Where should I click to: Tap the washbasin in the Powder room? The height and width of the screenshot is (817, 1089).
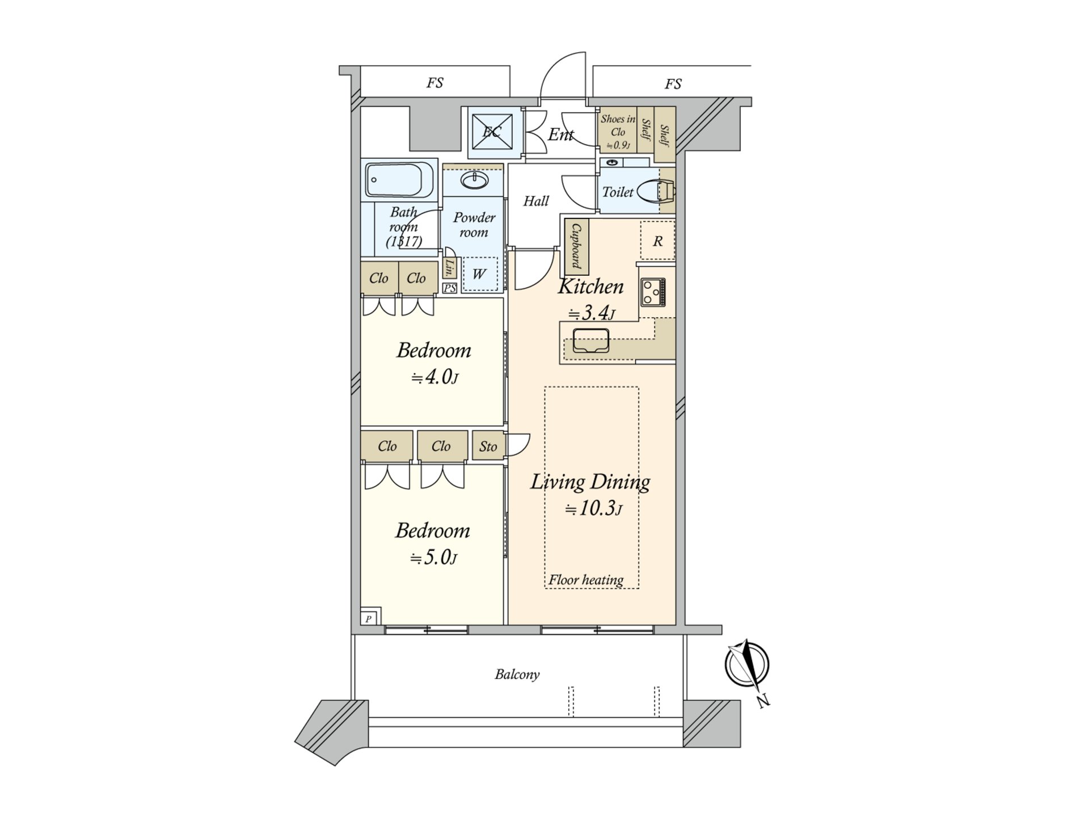pyautogui.click(x=474, y=181)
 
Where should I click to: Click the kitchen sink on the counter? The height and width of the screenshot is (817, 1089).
pyautogui.click(x=590, y=340)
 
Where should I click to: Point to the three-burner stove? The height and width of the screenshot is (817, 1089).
pyautogui.click(x=653, y=292)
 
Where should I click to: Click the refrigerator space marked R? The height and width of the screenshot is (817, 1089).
pyautogui.click(x=657, y=241)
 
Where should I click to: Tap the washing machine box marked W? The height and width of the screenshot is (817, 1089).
pyautogui.click(x=479, y=274)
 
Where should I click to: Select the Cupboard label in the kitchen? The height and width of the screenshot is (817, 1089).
pyautogui.click(x=576, y=246)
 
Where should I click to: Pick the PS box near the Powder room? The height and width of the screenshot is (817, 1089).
pyautogui.click(x=449, y=288)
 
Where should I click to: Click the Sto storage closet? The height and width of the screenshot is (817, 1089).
pyautogui.click(x=488, y=446)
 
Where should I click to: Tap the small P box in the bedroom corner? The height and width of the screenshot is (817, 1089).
pyautogui.click(x=369, y=618)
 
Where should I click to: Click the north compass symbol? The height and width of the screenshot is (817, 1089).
pyautogui.click(x=747, y=664)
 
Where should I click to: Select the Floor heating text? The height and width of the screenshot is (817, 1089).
pyautogui.click(x=585, y=580)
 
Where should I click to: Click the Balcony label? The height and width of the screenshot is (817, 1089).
pyautogui.click(x=517, y=674)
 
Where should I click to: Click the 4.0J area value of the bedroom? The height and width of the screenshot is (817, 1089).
pyautogui.click(x=434, y=377)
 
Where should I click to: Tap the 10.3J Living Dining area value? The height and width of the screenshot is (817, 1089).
pyautogui.click(x=593, y=508)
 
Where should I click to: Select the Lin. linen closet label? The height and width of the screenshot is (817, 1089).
pyautogui.click(x=450, y=267)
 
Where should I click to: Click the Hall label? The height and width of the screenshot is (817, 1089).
pyautogui.click(x=535, y=201)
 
